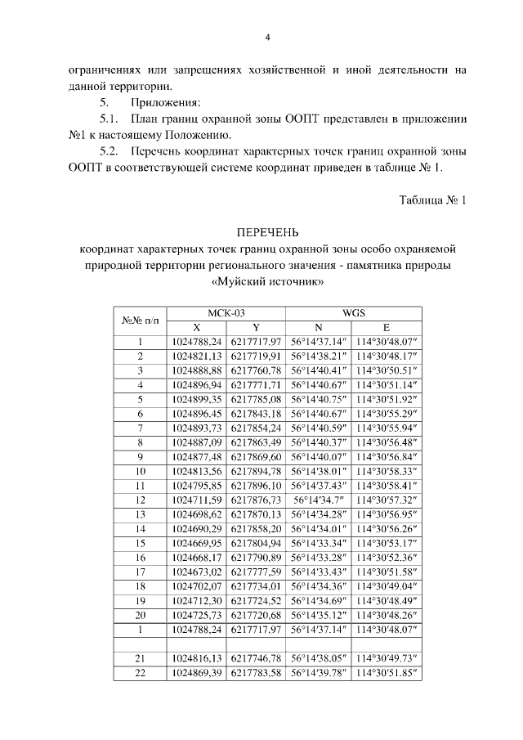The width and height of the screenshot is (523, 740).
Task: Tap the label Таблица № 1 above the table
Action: coord(432,200)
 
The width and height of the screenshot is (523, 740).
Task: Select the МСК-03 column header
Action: coord(227,312)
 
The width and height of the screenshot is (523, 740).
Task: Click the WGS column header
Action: coord(353,312)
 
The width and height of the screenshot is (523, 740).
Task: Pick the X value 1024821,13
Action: coord(199,356)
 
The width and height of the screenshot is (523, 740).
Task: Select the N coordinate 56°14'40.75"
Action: coord(320,400)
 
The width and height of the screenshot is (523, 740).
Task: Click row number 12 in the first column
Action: coord(141,500)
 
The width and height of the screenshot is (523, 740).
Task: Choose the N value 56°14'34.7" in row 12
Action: coord(320,500)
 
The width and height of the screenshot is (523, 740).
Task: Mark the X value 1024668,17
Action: coord(199,558)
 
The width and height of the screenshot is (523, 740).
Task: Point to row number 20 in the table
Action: coord(141,615)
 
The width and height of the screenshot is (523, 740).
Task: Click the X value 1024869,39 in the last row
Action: coord(199,673)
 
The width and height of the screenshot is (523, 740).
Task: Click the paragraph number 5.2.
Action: coord(110,151)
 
